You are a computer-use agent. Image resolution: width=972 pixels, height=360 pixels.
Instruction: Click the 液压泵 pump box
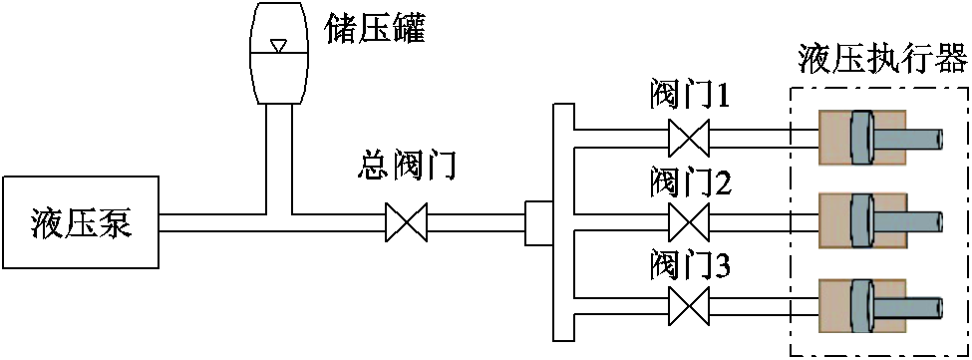[x=81, y=221]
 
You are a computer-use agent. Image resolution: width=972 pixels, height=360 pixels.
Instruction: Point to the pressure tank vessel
[x=279, y=55]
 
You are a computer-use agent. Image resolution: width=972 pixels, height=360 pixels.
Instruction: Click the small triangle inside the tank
[x=279, y=45]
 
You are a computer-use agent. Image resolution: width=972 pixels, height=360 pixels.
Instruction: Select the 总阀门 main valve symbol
[x=406, y=221]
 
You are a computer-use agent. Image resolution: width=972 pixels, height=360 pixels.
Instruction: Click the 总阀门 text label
[x=406, y=166]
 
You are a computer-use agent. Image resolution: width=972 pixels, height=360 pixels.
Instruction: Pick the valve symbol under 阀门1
[x=688, y=136]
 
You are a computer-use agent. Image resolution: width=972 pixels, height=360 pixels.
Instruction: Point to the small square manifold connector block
[x=538, y=221]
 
